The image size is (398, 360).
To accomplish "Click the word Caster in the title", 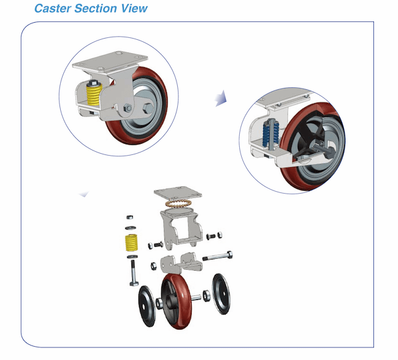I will tap(53, 8).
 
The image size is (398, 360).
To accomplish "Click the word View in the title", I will tap(135, 8).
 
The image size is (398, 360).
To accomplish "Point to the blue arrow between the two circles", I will tap(220, 97).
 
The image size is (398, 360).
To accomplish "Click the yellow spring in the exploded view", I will tap(131, 243).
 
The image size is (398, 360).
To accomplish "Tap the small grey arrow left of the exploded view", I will tap(83, 194).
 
